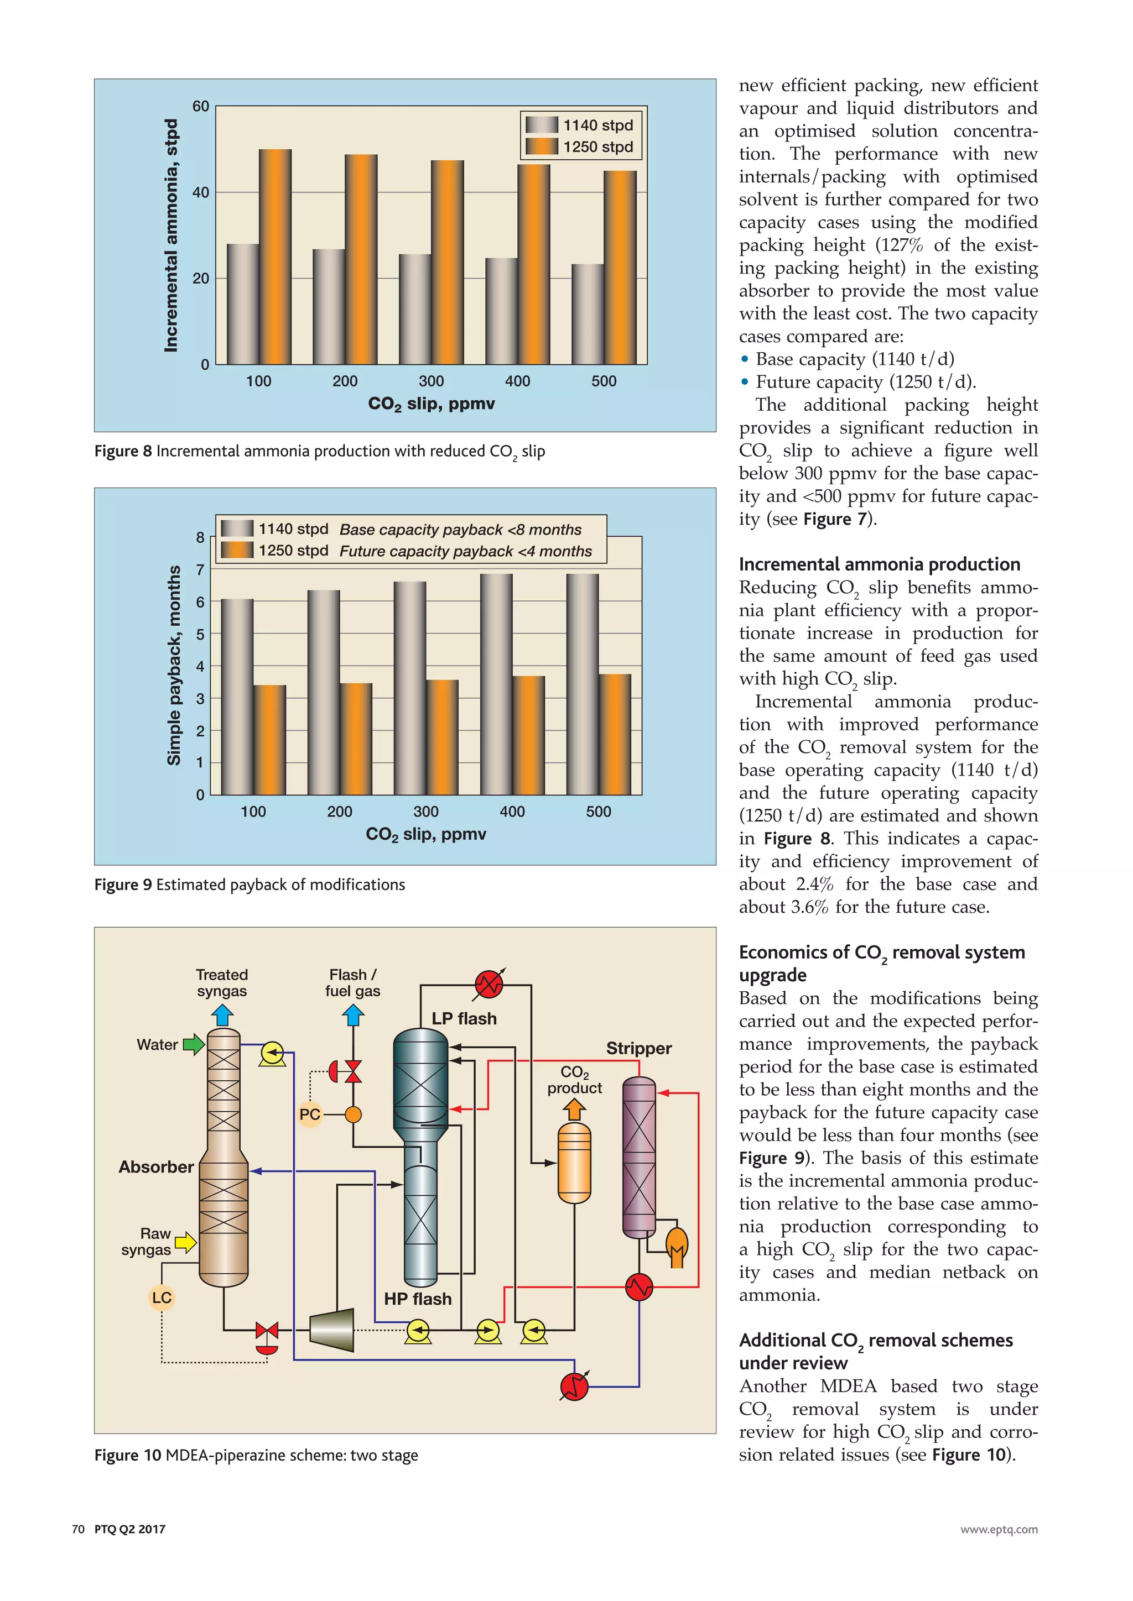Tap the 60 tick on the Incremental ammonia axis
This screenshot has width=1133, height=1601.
click(x=200, y=107)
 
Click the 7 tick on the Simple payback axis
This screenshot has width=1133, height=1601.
click(x=200, y=570)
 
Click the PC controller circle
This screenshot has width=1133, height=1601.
click(x=310, y=1115)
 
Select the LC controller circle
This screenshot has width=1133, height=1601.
click(x=161, y=1297)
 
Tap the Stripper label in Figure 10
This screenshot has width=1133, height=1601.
click(x=638, y=1048)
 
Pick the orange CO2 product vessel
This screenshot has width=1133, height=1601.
click(x=574, y=1163)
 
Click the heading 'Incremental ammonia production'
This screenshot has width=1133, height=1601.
click(x=879, y=564)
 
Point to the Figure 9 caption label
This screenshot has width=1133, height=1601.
click(x=123, y=885)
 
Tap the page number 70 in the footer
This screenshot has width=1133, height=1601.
click(x=78, y=1529)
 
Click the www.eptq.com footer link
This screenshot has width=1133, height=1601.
click(x=999, y=1530)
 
